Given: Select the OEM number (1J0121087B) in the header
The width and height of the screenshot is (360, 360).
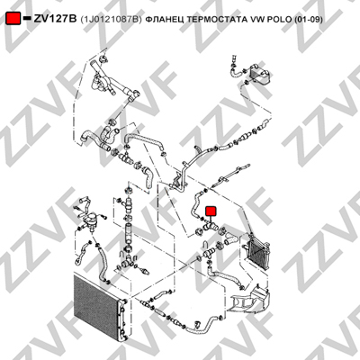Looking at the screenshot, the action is tap(111, 19).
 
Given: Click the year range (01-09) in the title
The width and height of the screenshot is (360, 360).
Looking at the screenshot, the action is tap(309, 19).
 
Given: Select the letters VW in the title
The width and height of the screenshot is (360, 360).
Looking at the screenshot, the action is tap(255, 19).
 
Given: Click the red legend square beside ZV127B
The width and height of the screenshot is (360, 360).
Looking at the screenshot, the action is tap(13, 19).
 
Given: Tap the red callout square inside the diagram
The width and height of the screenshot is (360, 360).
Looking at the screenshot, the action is tap(211, 211).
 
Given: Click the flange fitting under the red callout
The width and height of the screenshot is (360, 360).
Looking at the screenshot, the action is tap(209, 228).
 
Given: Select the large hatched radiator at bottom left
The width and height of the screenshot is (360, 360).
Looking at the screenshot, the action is tap(96, 306).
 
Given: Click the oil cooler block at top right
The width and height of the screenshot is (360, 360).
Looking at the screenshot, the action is tap(260, 73).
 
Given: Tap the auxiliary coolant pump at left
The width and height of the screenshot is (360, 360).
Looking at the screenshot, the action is tap(91, 218).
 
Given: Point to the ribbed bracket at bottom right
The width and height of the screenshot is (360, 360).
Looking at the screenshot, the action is tap(249, 300).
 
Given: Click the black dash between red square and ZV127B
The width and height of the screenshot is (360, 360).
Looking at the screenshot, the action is tap(27, 19).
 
